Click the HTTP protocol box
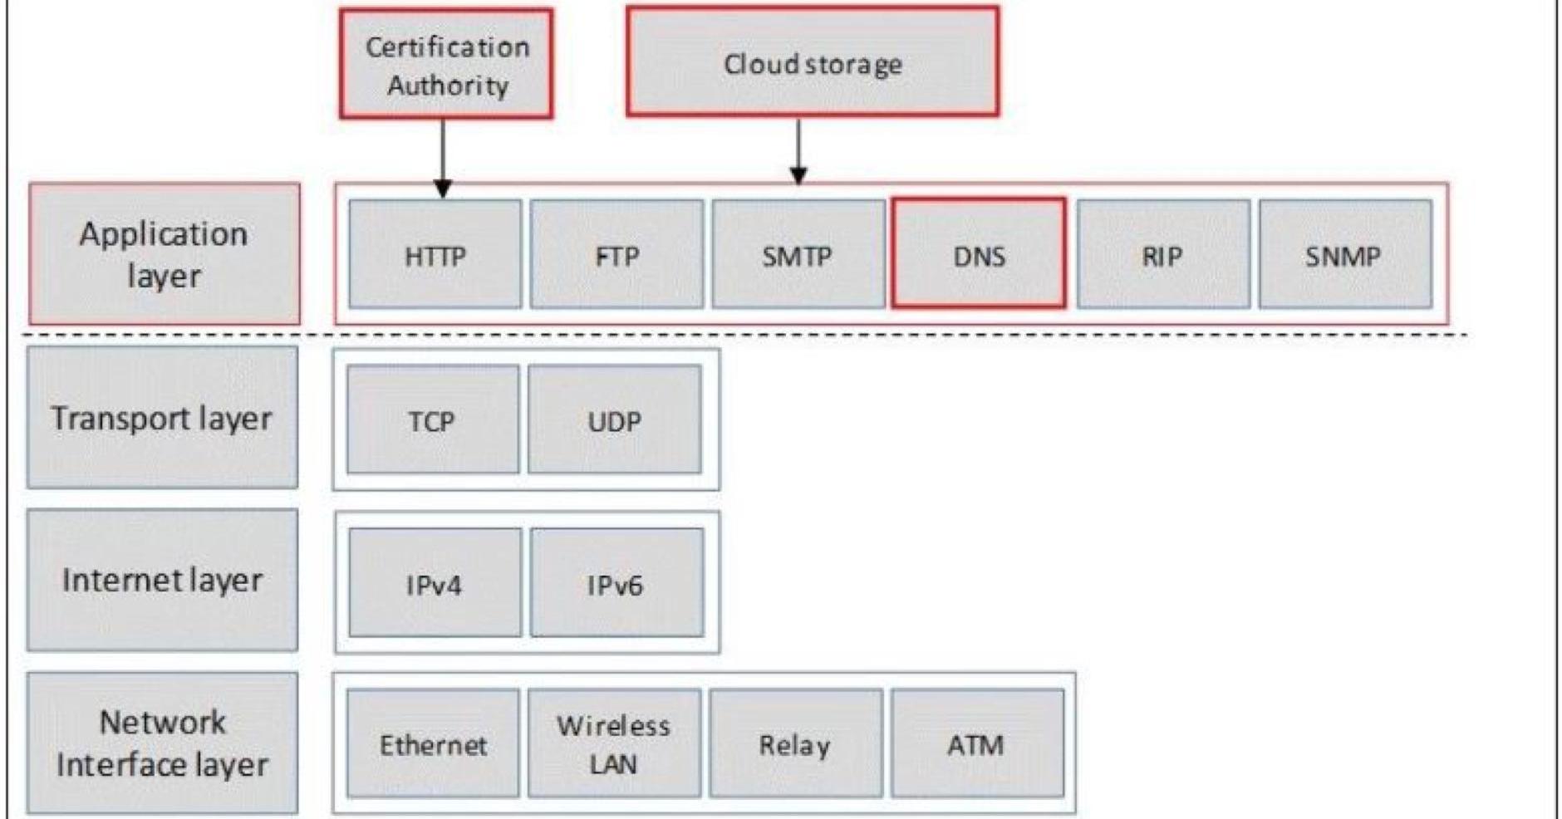[435, 254]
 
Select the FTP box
[616, 254]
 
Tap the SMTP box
[798, 254]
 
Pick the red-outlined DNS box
[979, 254]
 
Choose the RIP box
[1162, 254]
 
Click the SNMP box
[1344, 254]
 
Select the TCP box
[432, 419]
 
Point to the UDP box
[614, 419]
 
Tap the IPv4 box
[435, 583]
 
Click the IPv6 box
[616, 583]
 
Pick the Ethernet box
[432, 743]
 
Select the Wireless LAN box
[614, 743]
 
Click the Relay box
[795, 743]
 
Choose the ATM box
[977, 743]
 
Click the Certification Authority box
[446, 65]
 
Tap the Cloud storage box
[812, 62]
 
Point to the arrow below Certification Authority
[443, 158]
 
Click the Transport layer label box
[162, 418]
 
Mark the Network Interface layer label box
[162, 743]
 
